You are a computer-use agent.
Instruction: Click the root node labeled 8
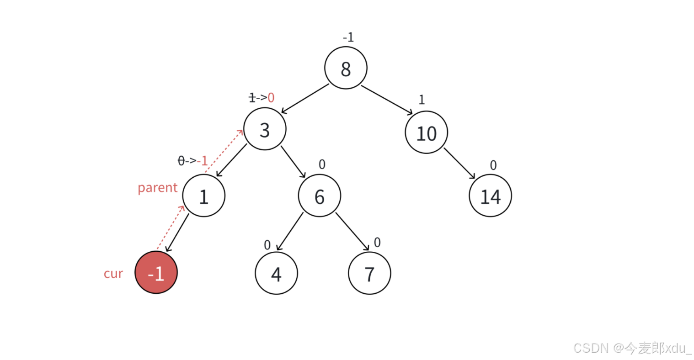[x=346, y=68]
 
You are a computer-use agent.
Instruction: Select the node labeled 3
[x=265, y=129]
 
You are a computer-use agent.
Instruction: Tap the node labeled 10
[x=426, y=132]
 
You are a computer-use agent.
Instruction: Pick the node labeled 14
[x=490, y=196]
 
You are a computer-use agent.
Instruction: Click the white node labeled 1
[x=203, y=196]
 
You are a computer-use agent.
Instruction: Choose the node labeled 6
[x=319, y=196]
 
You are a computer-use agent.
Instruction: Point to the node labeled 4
[x=276, y=273]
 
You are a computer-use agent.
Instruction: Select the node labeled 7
[x=369, y=273]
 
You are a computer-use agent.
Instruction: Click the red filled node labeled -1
[x=156, y=273]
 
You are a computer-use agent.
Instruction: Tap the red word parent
[x=157, y=187]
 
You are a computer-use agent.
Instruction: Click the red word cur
[x=113, y=273]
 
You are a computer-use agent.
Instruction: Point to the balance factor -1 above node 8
[x=348, y=37]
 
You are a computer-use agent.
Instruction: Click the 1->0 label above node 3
[x=262, y=97]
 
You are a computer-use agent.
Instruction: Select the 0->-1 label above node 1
[x=192, y=160]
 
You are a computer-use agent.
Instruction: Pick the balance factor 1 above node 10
[x=422, y=100]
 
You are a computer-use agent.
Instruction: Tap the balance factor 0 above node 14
[x=493, y=165]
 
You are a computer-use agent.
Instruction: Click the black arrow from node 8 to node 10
[x=387, y=100]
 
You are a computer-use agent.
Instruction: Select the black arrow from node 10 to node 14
[x=459, y=163]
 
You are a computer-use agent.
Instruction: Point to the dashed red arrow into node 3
[x=224, y=150]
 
